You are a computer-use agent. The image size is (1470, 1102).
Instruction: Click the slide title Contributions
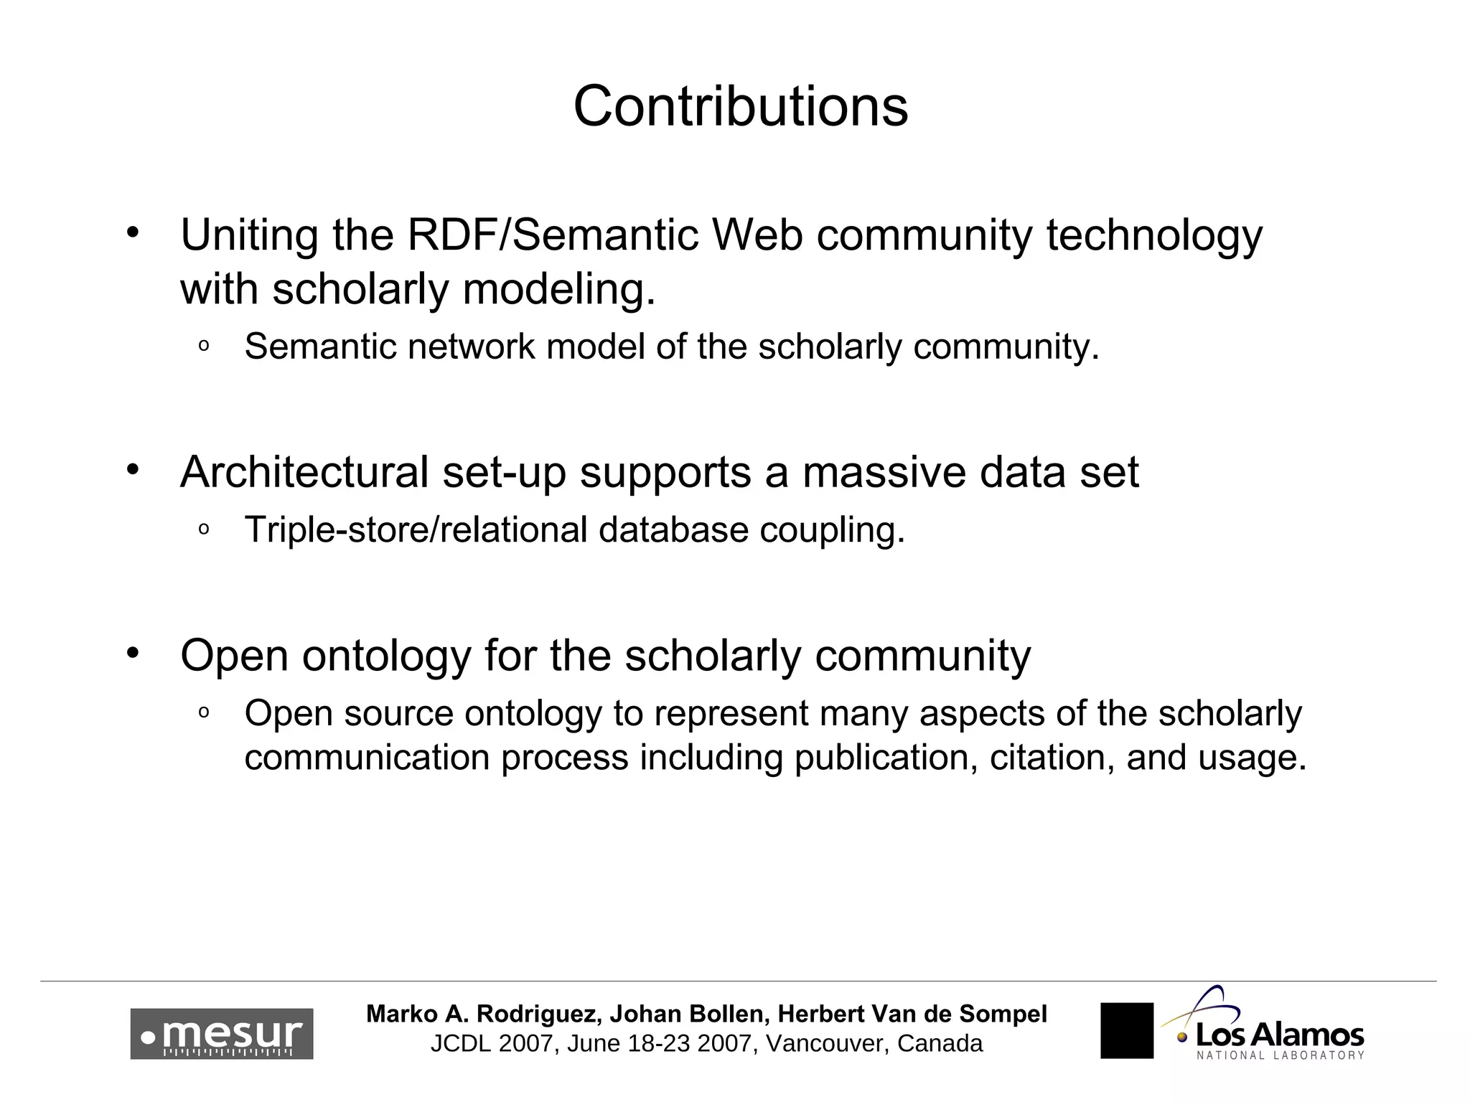[x=740, y=106]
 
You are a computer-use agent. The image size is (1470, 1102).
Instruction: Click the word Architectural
[x=304, y=472]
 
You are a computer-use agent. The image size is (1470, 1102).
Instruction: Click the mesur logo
[x=221, y=1034]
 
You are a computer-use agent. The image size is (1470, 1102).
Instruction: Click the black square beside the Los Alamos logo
[x=1126, y=1030]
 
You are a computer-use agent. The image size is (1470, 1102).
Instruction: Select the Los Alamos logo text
[x=1279, y=1035]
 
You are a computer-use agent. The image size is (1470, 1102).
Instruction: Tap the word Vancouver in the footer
[x=825, y=1043]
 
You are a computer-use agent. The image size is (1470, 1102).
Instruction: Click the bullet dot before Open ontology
[x=132, y=652]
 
